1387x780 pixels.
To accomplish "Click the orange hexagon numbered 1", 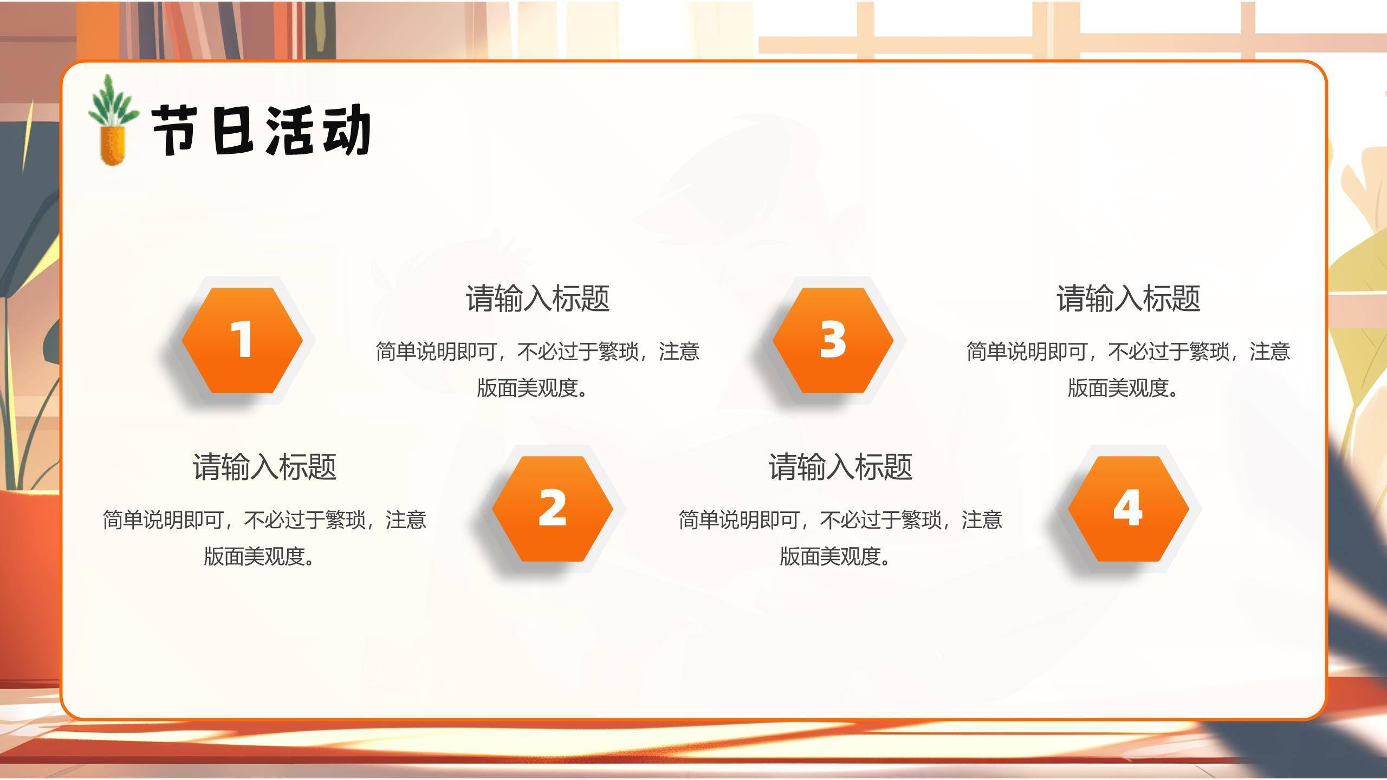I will click(x=242, y=340).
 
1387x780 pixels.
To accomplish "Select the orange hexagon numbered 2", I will click(x=552, y=508).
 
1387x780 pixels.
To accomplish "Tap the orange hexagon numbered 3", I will click(x=833, y=340).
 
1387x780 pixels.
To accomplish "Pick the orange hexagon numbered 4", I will click(x=1128, y=508).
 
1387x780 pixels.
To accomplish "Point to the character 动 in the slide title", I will click(x=347, y=131).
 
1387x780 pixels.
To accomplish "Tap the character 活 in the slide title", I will click(x=290, y=131).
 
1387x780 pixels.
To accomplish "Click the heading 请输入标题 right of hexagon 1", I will click(x=537, y=298).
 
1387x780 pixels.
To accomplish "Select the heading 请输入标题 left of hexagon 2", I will click(x=264, y=466).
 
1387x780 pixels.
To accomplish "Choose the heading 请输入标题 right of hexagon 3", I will click(x=1129, y=298).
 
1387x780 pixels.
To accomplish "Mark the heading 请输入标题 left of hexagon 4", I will click(x=840, y=466).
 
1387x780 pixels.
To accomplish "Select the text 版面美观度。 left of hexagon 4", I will click(x=835, y=556).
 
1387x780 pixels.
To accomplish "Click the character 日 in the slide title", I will click(x=233, y=131).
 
